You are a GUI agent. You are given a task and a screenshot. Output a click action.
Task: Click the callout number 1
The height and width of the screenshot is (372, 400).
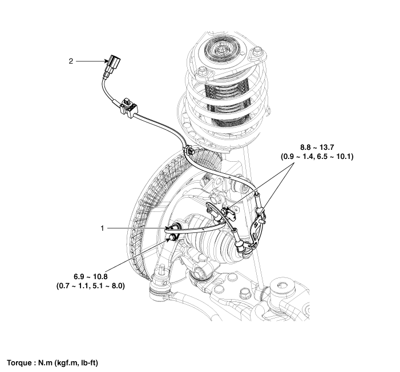(x=103, y=228)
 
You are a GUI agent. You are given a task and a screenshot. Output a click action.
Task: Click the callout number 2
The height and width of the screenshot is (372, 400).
(x=71, y=60)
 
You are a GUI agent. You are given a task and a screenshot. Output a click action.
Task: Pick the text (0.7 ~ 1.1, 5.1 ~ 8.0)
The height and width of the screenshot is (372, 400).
(x=87, y=285)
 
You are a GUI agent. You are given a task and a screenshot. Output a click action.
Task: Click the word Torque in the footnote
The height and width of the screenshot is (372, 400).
(x=21, y=362)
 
